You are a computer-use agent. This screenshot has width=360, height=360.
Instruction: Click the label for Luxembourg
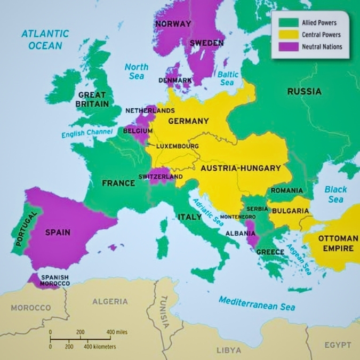coord(177,146)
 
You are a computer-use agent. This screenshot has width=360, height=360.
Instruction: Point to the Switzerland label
coord(160,177)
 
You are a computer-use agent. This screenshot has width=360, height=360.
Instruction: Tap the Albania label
coord(239,234)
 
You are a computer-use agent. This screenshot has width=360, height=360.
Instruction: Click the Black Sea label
coord(335,194)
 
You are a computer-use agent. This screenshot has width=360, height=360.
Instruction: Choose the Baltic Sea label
coord(227,78)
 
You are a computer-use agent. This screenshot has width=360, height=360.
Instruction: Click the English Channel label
coord(87,133)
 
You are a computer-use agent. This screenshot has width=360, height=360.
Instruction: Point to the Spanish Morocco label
coord(55,281)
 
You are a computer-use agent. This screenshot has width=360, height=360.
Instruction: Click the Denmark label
coord(175,81)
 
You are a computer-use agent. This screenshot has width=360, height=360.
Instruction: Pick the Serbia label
coord(257,209)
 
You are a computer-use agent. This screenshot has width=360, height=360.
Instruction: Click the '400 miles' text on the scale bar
coord(117,332)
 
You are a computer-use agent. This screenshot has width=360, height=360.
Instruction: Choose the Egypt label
coord(338,345)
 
